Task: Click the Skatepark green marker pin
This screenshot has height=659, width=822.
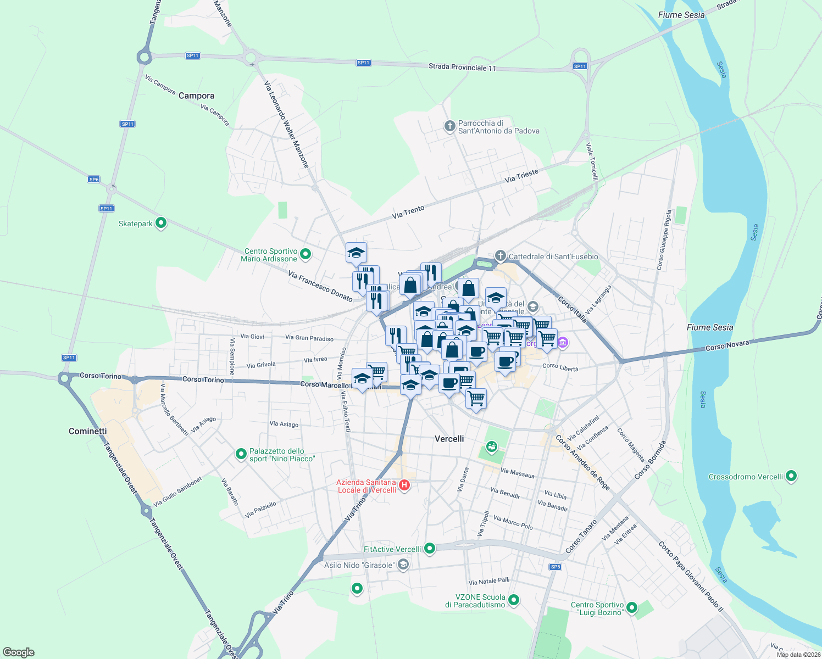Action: (x=161, y=223)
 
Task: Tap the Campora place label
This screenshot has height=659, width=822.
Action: (x=196, y=96)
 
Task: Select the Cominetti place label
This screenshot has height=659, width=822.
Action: (x=88, y=431)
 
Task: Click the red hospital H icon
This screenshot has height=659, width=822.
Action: (x=404, y=485)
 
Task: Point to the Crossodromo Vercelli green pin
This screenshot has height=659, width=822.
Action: (x=791, y=476)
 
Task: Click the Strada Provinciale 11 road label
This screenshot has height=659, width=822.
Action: (x=462, y=68)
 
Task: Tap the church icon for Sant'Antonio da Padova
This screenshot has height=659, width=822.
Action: (x=449, y=126)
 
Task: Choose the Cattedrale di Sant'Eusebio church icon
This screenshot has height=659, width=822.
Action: (x=500, y=256)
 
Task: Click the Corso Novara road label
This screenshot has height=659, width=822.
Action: (x=727, y=346)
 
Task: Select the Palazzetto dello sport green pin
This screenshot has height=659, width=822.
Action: (x=241, y=454)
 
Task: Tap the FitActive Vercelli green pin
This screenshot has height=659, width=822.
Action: (x=430, y=548)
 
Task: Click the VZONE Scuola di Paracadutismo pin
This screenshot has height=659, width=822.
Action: (x=514, y=600)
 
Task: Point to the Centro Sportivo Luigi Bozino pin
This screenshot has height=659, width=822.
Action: (x=632, y=607)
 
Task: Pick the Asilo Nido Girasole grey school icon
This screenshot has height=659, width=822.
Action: (x=403, y=565)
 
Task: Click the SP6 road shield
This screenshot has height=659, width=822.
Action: (x=94, y=180)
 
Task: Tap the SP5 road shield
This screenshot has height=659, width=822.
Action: (x=555, y=567)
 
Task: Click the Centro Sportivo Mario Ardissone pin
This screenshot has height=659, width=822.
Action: (x=306, y=254)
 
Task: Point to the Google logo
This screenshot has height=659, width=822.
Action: (x=19, y=652)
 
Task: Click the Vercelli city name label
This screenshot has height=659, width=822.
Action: (x=449, y=439)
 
